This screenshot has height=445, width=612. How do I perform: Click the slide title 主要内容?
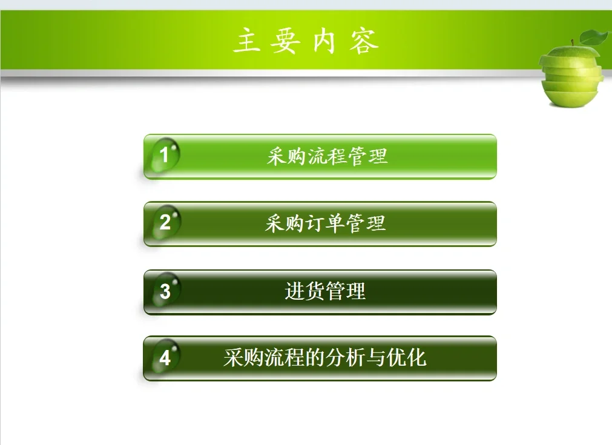tap(306, 41)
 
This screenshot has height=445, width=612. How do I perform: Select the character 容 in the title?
tap(364, 41)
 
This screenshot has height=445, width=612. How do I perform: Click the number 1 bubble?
tap(164, 156)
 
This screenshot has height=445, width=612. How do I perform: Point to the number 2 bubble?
tap(165, 223)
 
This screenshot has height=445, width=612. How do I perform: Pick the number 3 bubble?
tap(165, 292)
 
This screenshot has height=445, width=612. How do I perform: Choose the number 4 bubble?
tap(165, 358)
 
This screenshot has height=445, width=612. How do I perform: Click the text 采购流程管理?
tap(327, 157)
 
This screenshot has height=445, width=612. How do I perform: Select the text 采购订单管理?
tap(325, 224)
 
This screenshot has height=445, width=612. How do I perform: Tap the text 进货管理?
tap(325, 292)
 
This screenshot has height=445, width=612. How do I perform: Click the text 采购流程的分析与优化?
tap(324, 358)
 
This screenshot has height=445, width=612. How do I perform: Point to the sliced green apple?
tap(571, 76)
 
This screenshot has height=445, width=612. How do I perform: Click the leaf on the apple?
tap(594, 38)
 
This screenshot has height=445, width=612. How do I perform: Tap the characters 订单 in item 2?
tap(325, 224)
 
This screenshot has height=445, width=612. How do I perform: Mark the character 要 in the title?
tap(285, 41)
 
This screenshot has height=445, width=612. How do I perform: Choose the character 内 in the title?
tap(324, 41)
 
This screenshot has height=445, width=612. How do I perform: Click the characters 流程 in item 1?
tap(327, 157)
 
